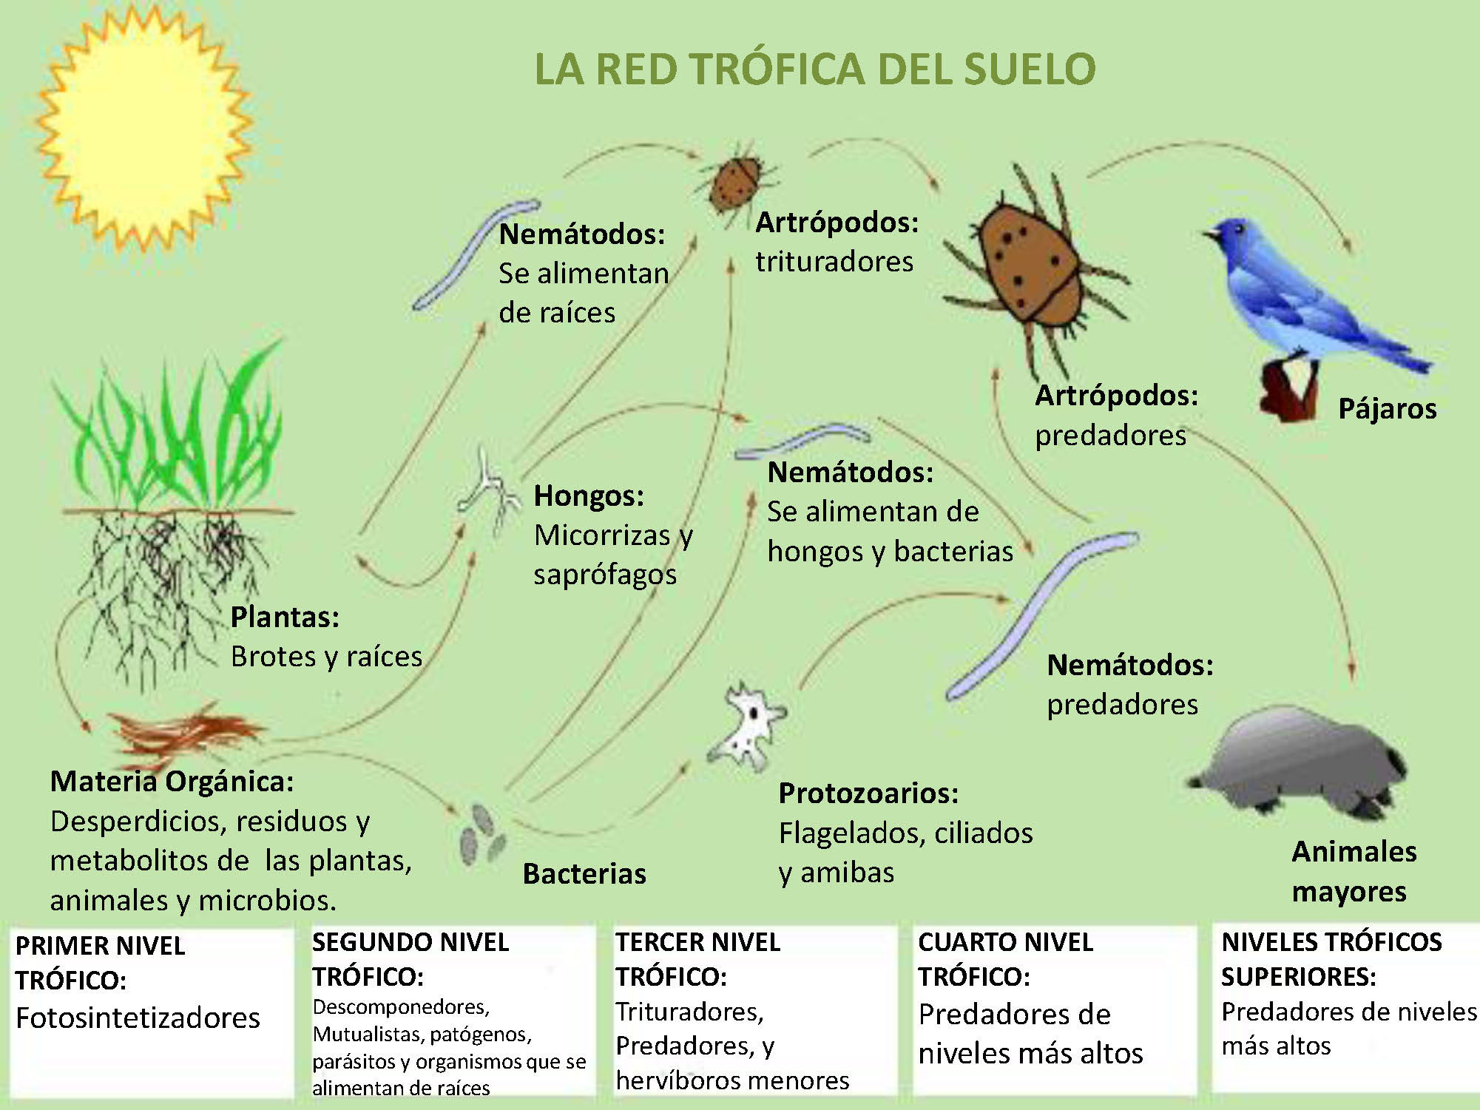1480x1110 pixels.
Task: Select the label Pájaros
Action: coord(1387,409)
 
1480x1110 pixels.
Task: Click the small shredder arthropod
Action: coord(734,182)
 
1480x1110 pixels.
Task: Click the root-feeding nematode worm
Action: coord(473,251)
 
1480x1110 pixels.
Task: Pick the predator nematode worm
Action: coord(1035,614)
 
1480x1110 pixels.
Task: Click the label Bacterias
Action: coord(584,874)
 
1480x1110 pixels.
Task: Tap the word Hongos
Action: coord(588,496)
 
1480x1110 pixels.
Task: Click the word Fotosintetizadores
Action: coord(138,1018)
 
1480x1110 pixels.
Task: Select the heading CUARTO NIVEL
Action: coord(1005,942)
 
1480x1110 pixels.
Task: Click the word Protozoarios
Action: coord(868,793)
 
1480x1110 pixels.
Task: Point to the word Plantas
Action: coord(284,617)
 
